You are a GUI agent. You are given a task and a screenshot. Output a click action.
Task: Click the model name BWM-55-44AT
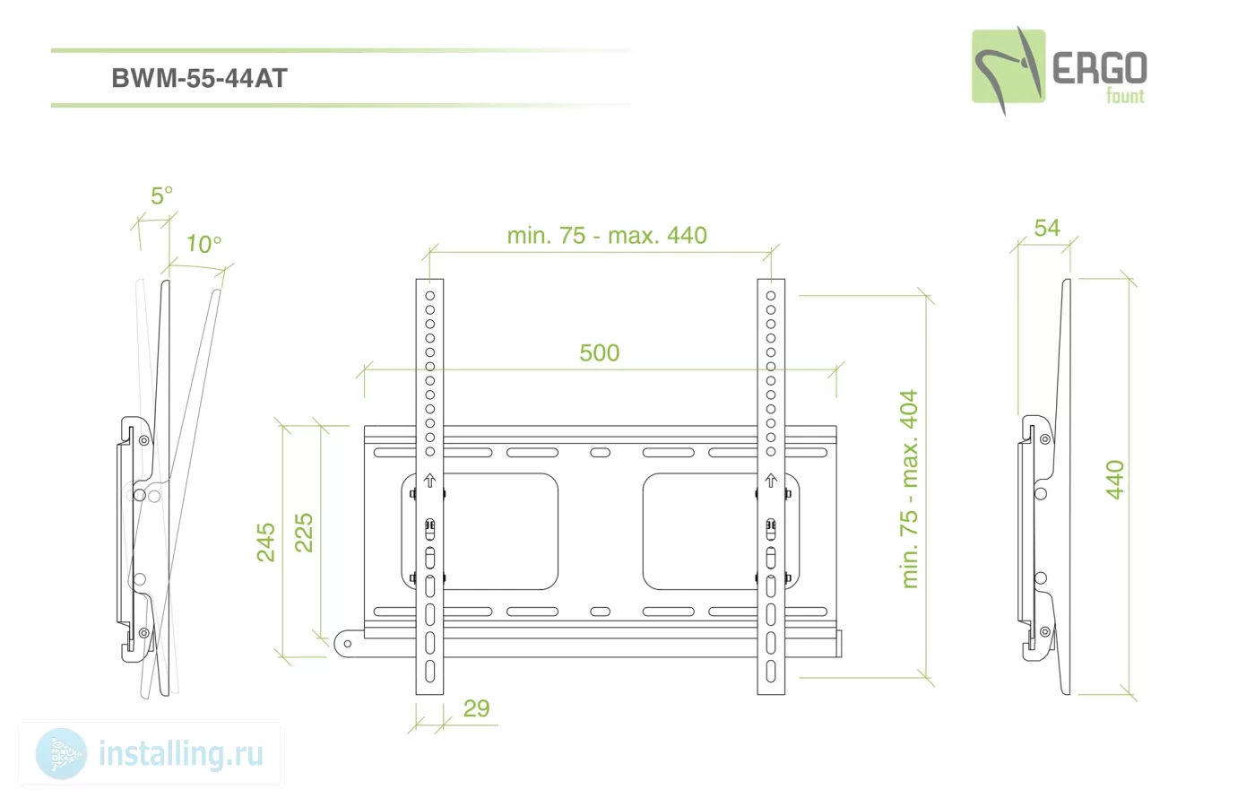(x=199, y=78)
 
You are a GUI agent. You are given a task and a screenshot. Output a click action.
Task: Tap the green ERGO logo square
(x=1008, y=66)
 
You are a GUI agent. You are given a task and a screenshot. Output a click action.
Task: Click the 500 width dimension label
(x=600, y=353)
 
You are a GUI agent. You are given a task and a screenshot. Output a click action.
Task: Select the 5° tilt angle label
(x=161, y=195)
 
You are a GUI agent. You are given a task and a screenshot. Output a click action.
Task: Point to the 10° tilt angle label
(x=204, y=244)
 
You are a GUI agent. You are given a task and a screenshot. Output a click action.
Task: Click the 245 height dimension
(x=265, y=542)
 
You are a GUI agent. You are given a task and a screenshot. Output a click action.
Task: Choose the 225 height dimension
(x=304, y=533)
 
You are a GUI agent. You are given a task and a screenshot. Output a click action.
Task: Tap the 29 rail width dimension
(x=477, y=708)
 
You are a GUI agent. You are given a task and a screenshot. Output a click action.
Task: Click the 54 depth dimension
(x=1047, y=228)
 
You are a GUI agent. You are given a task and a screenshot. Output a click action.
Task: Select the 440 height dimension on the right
(x=1115, y=480)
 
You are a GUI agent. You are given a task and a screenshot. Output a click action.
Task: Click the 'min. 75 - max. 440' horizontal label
(x=607, y=235)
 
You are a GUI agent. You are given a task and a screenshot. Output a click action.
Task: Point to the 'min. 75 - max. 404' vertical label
(x=909, y=489)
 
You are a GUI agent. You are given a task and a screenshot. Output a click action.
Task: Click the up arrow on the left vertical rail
(x=429, y=481)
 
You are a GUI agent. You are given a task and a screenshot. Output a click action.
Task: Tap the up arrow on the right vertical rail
(x=771, y=481)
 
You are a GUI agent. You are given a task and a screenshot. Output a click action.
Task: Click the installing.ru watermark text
(x=181, y=754)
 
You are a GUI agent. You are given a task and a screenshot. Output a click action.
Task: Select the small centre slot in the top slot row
(x=600, y=452)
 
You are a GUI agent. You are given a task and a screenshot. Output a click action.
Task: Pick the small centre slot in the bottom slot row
(x=600, y=612)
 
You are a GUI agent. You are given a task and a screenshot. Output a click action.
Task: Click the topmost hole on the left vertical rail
(x=429, y=295)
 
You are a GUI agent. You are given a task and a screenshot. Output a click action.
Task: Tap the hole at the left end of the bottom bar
(x=348, y=644)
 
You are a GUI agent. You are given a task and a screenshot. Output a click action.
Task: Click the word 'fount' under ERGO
(x=1125, y=96)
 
